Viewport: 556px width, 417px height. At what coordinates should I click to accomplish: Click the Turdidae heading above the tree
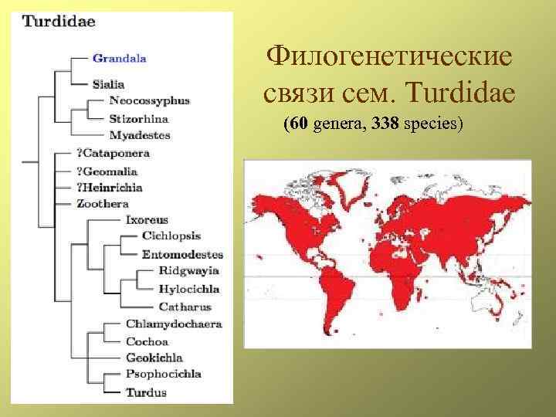(x=59, y=22)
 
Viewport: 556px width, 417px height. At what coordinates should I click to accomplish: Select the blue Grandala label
(x=119, y=57)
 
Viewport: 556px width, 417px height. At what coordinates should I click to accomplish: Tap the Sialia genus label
(x=108, y=83)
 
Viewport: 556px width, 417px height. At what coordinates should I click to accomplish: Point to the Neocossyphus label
(x=149, y=100)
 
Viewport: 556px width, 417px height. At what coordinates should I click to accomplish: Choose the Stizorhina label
(x=139, y=119)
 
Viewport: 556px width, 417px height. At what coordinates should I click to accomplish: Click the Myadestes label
(x=140, y=135)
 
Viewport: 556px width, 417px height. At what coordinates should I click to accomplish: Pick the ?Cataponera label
(x=113, y=153)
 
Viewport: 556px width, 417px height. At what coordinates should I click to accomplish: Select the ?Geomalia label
(x=108, y=170)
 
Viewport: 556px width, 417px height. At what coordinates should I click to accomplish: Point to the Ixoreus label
(x=147, y=220)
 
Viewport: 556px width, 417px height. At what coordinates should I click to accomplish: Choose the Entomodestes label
(x=182, y=254)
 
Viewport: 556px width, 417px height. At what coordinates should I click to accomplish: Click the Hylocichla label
(x=188, y=289)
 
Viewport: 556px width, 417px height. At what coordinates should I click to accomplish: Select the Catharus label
(x=185, y=307)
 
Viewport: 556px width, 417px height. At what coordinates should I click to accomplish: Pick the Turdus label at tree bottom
(x=146, y=392)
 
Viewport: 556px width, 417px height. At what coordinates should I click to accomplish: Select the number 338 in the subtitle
(x=385, y=123)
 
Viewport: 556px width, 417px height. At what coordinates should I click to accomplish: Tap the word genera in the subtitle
(x=337, y=123)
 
